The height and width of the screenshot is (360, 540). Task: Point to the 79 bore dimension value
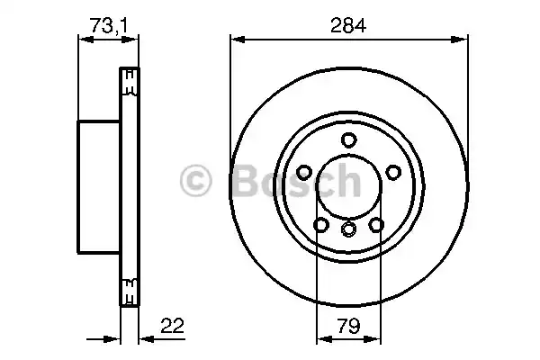[x=349, y=325]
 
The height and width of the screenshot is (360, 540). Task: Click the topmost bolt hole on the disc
[x=348, y=139]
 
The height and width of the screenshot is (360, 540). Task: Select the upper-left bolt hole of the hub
[x=304, y=172]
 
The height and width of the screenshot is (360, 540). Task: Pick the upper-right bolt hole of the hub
[x=392, y=172]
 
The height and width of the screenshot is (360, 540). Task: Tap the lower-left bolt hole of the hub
[x=321, y=225]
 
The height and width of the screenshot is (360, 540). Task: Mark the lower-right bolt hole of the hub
[x=375, y=225]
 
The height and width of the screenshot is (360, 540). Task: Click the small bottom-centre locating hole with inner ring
[x=348, y=232]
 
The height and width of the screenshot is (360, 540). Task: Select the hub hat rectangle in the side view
[x=100, y=185]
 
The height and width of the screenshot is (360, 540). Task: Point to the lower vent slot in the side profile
[x=130, y=290]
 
